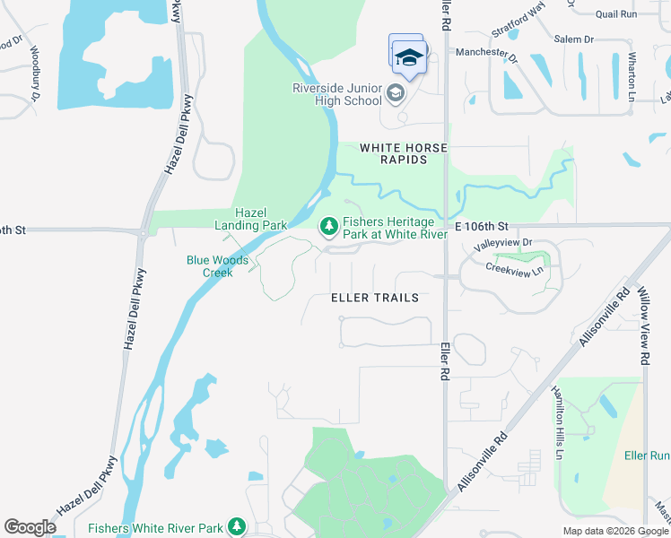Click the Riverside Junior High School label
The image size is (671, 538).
337,94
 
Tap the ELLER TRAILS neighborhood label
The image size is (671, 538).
375,297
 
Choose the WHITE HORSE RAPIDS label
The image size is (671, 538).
404,153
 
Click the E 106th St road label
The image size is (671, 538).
482,226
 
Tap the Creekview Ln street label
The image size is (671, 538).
514,268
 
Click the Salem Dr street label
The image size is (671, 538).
574,39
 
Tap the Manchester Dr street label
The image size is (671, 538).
485,54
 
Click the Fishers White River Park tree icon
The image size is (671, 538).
237,525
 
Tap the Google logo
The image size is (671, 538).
30,527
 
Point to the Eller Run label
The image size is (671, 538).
647,456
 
